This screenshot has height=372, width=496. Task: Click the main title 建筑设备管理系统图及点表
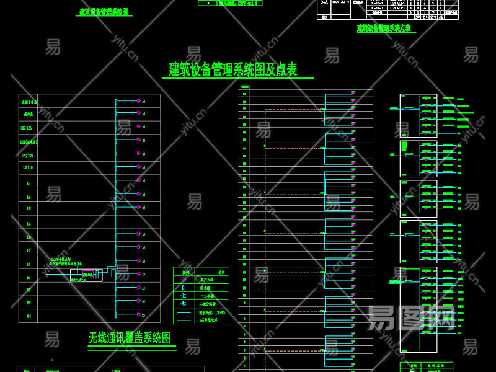[x=233, y=69]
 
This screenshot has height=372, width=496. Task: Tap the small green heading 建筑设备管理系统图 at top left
[x=105, y=12]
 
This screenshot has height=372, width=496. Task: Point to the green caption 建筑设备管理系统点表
[x=386, y=28]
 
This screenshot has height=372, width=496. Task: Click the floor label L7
[x=29, y=183]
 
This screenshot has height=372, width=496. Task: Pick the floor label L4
[x=29, y=223]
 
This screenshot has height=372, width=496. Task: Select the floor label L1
[x=29, y=263]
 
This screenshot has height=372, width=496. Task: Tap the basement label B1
[x=29, y=277]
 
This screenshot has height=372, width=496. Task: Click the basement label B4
[x=29, y=316]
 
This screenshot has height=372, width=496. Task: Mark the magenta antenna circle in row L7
[x=138, y=180]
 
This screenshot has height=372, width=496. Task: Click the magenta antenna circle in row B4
[x=138, y=314]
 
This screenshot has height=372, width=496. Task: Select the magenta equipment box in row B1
[x=88, y=275]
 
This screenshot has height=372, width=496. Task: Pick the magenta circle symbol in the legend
[x=184, y=280]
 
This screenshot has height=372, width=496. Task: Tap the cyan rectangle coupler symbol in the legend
[x=184, y=288]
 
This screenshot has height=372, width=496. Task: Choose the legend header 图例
[x=185, y=272]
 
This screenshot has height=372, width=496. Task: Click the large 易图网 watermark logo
[x=412, y=317]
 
